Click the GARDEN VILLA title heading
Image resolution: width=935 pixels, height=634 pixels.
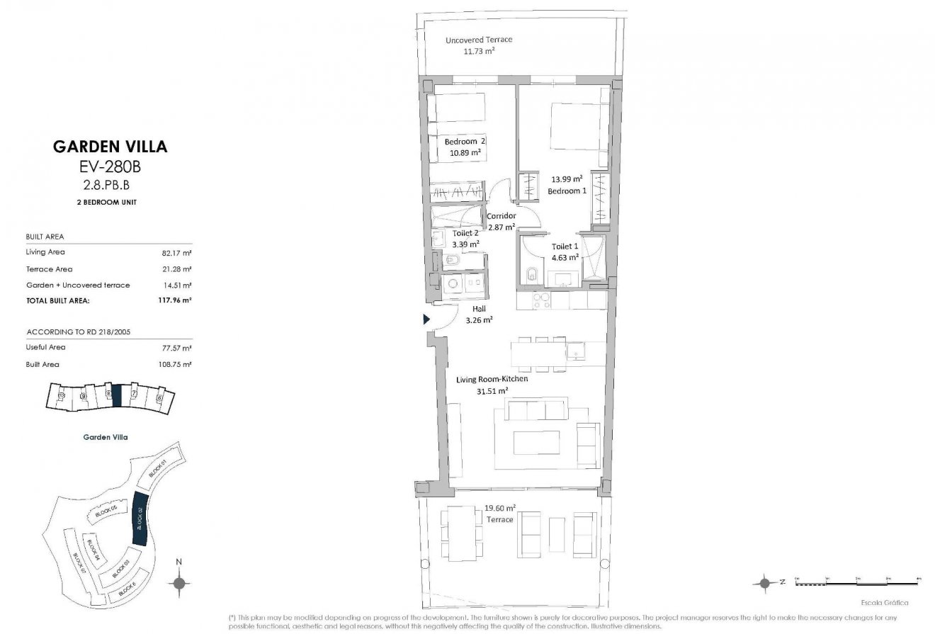(x=110, y=147)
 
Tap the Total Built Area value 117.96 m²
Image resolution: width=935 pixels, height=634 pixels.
(x=178, y=300)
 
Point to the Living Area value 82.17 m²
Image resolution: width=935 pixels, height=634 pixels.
(x=178, y=252)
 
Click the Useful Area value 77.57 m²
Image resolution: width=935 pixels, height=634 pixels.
(x=178, y=348)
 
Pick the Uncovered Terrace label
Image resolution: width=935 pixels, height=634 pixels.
(x=478, y=40)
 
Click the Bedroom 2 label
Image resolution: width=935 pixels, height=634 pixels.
(x=465, y=142)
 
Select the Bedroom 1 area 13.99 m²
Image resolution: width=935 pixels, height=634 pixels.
(x=567, y=179)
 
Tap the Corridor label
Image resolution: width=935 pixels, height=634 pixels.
(x=501, y=216)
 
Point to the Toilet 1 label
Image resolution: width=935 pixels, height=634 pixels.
(x=565, y=247)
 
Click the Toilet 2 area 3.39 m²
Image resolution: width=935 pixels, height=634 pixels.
(x=465, y=244)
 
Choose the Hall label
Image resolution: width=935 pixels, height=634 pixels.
(x=480, y=309)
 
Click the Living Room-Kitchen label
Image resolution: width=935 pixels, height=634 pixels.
(x=492, y=379)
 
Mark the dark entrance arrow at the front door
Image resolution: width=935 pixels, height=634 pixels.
(x=427, y=319)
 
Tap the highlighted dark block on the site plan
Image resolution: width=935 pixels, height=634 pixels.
(x=140, y=518)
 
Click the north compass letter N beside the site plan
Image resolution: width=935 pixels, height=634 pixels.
(x=179, y=562)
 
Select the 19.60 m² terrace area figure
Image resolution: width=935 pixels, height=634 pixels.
(x=499, y=508)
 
